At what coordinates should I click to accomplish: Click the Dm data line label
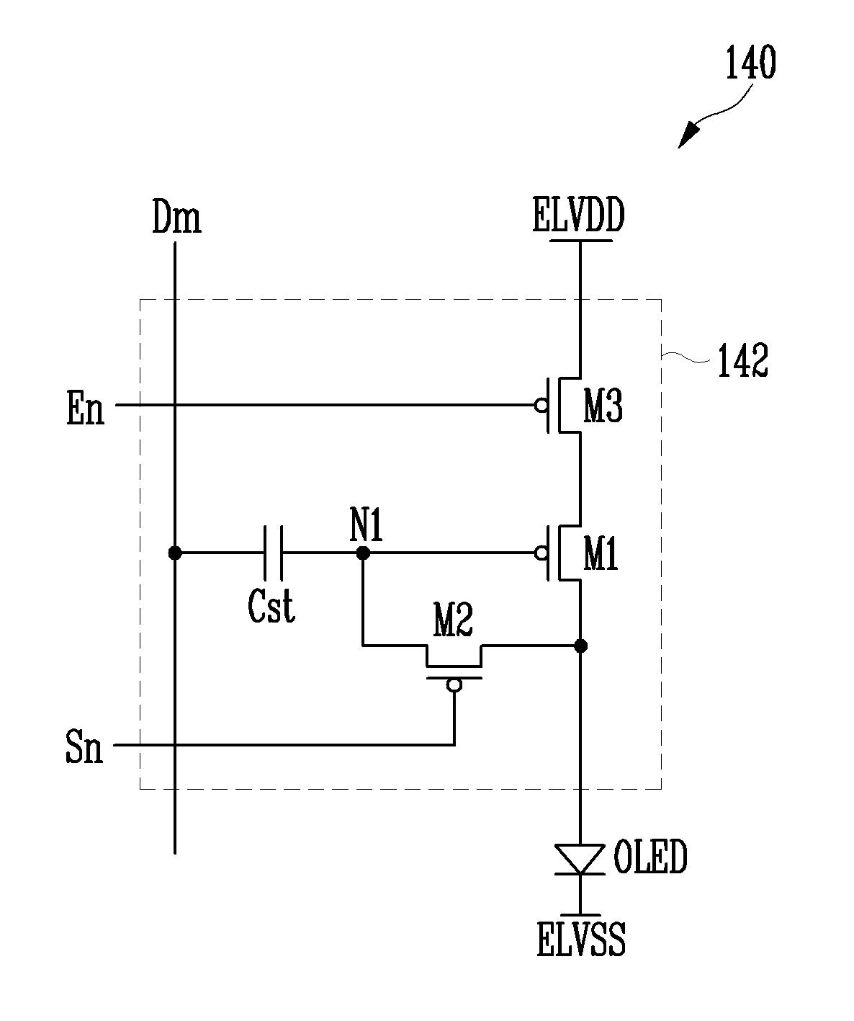176,217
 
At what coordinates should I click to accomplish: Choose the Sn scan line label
84,747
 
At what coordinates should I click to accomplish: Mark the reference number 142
742,360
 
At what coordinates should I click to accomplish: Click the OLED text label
650,856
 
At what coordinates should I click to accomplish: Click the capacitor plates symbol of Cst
273,553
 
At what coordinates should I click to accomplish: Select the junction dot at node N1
363,553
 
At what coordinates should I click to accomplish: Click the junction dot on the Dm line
174,553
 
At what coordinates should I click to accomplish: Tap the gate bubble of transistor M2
454,685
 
